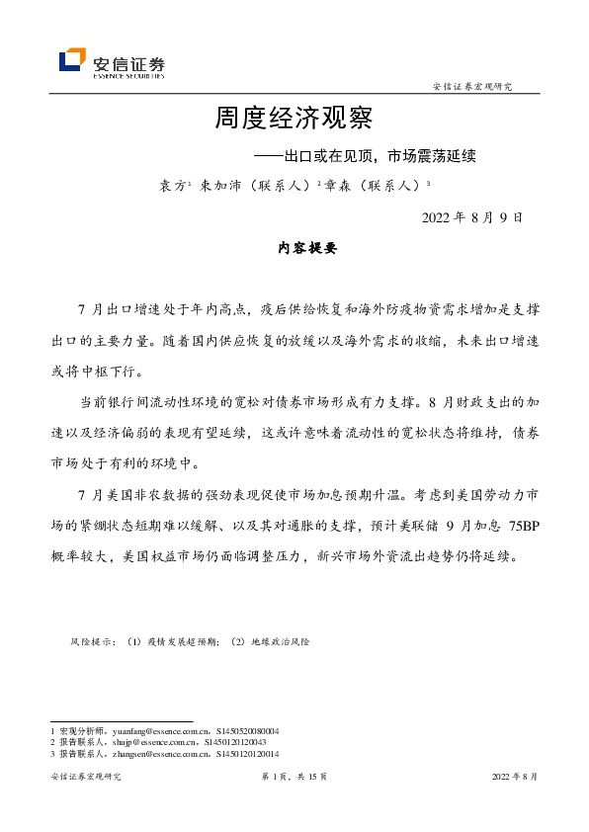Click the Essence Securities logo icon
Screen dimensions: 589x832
pos(72,61)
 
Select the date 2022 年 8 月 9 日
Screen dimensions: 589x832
pos(471,217)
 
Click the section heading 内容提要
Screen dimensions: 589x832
pos(307,250)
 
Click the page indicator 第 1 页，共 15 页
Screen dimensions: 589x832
pos(294,778)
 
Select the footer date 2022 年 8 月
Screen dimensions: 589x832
pos(515,778)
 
